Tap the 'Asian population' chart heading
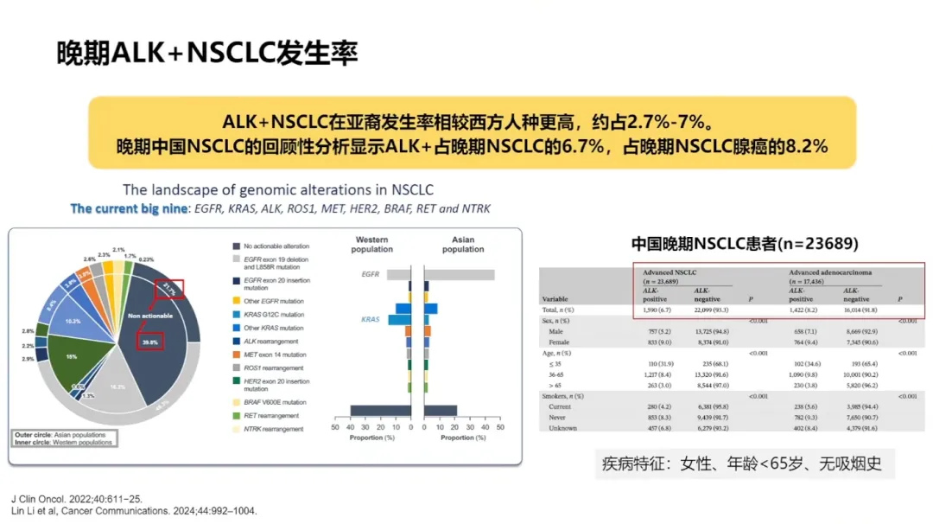tap(463, 245)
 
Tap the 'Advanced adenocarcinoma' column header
tap(830, 272)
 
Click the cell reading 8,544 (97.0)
tap(714, 385)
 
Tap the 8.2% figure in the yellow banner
tap(807, 146)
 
